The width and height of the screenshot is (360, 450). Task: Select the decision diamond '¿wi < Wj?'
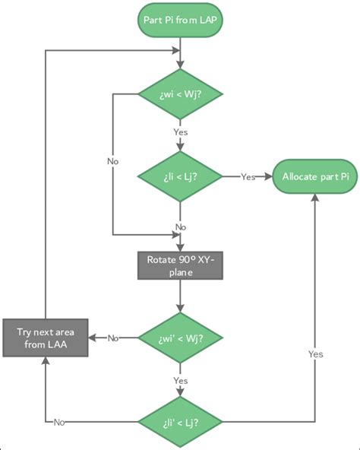coord(181,95)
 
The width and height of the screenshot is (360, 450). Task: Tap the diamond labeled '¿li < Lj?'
coord(181,177)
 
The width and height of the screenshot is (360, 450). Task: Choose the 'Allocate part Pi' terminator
coord(315,177)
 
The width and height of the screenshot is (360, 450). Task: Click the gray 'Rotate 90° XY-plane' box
coord(181,266)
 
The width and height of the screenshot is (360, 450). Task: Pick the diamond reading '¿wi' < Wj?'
coord(181,337)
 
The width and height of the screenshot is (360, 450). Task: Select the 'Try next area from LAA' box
coord(45,337)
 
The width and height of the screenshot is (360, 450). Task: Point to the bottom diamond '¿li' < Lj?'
coord(181,420)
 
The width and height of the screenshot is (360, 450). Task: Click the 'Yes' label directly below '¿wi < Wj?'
coord(181,132)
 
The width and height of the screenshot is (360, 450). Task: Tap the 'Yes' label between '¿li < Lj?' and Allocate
coord(248,177)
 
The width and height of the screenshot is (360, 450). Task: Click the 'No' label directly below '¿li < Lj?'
coord(181,227)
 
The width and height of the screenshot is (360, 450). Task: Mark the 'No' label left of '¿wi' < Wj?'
coord(113,337)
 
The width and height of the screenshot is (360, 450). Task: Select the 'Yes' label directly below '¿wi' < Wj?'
coord(181,379)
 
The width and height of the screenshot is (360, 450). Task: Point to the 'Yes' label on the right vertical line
coord(315,354)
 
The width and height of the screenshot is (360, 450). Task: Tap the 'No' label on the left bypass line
coord(112,161)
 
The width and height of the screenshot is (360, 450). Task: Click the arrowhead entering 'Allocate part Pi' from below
coord(315,198)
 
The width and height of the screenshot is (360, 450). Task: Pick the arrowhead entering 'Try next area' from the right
coord(90,337)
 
